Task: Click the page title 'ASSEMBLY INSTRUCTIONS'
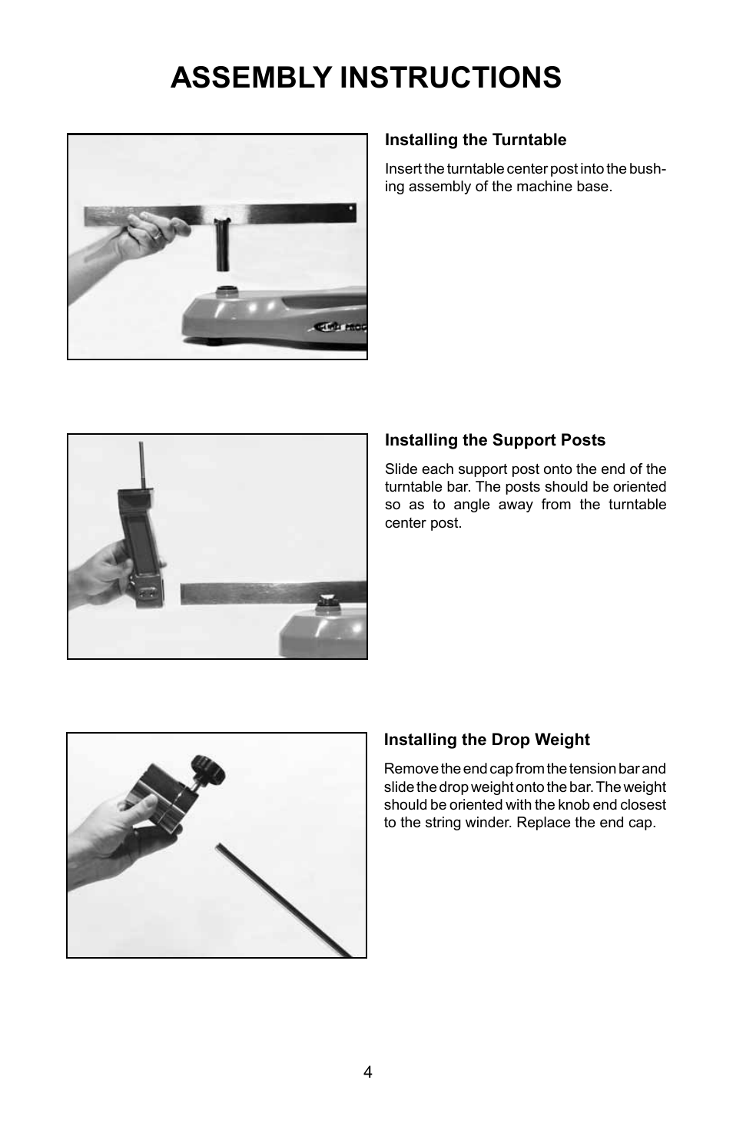tap(366, 78)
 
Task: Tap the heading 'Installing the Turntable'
tap(475, 140)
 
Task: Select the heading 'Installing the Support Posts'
tap(495, 440)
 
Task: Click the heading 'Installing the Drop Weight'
tap(486, 740)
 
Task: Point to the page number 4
tap(367, 1072)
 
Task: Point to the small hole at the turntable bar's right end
tap(352, 207)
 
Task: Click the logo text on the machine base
tap(341, 326)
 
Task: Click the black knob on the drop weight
tap(207, 768)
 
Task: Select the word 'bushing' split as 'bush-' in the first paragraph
tap(647, 169)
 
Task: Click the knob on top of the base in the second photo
tap(328, 599)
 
